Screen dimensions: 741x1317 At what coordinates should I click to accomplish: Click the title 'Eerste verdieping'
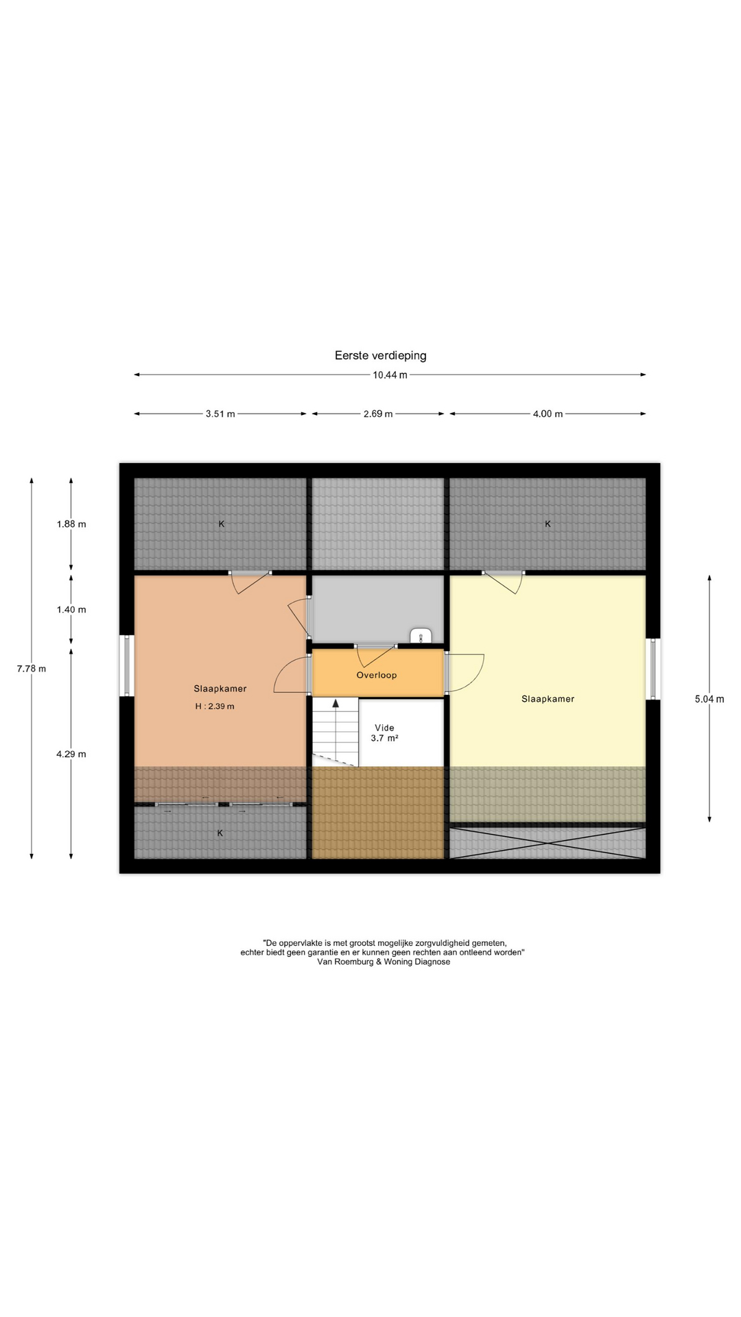pos(380,355)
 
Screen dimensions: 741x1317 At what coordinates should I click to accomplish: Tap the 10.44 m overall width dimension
pos(390,375)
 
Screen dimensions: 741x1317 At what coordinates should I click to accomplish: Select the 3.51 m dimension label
pos(220,414)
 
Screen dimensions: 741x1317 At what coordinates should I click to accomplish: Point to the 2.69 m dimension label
pos(378,414)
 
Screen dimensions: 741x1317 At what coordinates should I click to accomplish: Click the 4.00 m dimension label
pos(548,414)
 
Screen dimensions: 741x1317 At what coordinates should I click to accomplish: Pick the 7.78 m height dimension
pos(32,669)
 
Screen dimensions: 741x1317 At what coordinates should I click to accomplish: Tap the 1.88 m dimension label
pos(71,524)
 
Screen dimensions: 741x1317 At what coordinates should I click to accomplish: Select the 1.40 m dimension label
pos(71,610)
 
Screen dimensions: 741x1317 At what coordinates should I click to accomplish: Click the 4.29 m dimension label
pos(71,755)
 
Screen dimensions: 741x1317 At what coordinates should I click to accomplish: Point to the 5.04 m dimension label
pos(709,700)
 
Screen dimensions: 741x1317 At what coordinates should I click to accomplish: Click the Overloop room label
pos(377,675)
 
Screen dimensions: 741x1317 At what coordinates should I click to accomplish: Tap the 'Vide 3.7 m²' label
pos(384,733)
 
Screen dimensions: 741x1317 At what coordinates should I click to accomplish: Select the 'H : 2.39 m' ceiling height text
pos(215,707)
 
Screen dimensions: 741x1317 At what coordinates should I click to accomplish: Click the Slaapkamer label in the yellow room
pos(548,699)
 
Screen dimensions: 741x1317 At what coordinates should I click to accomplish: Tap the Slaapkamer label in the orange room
pos(220,689)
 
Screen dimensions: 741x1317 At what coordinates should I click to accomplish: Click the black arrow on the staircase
pos(336,702)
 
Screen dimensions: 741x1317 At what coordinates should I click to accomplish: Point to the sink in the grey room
pos(420,635)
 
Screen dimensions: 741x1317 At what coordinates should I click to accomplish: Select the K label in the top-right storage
pos(548,524)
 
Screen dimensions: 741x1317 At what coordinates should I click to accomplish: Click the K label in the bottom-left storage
pos(220,833)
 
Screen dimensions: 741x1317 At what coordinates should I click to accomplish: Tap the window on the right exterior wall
pos(652,669)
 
